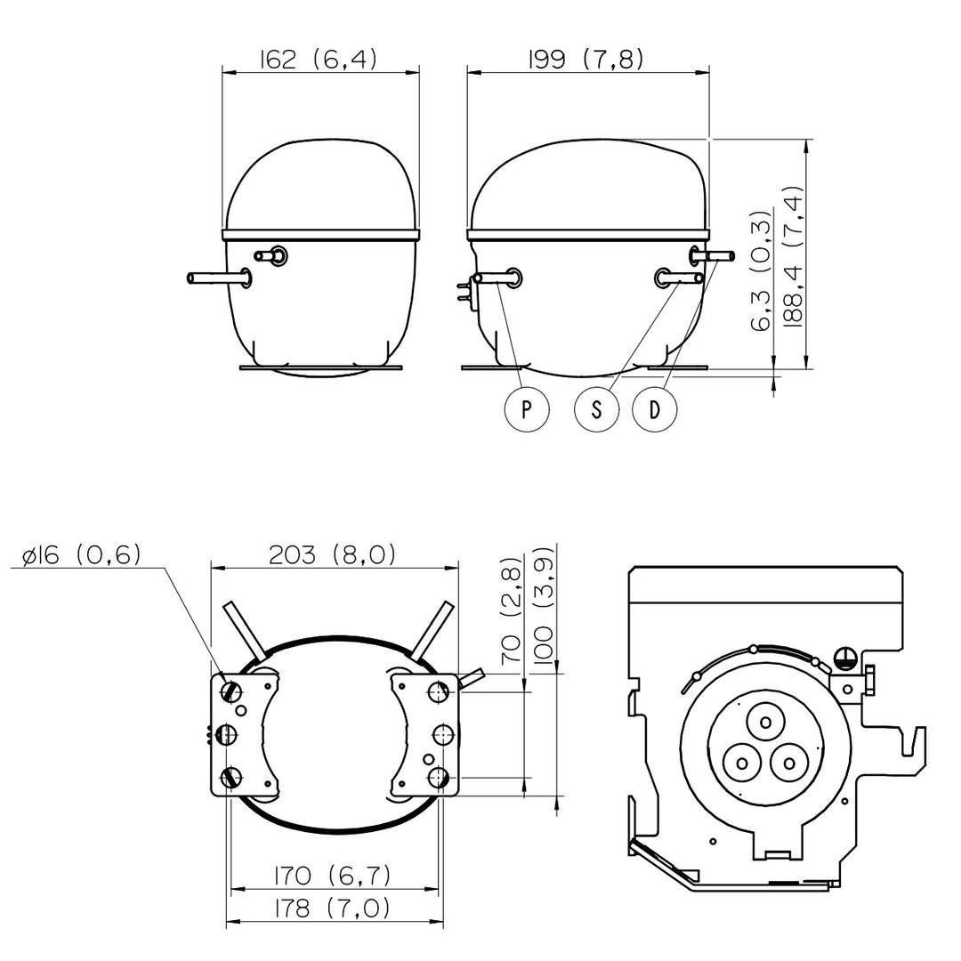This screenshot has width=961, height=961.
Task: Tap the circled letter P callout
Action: click(527, 408)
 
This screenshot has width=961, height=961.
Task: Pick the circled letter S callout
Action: click(597, 408)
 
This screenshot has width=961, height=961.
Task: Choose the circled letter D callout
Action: click(655, 408)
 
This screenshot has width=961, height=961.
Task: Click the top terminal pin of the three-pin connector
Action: click(765, 723)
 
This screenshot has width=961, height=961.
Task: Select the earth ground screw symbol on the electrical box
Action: click(844, 658)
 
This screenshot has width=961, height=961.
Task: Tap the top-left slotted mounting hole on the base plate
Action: click(232, 690)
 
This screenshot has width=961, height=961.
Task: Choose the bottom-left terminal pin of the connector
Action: click(741, 763)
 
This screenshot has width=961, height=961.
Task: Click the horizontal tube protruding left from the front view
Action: click(219, 278)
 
